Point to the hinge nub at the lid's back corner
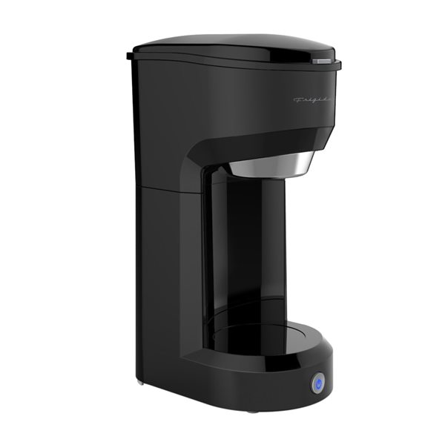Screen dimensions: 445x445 pos(131,53)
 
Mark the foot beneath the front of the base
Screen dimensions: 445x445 pos(253,409)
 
